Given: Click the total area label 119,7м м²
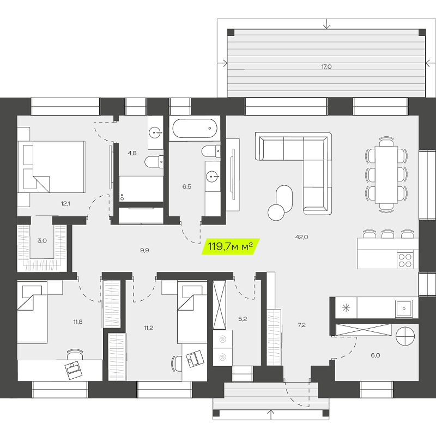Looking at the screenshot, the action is [230, 246].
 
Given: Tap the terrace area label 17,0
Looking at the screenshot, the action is [326, 66].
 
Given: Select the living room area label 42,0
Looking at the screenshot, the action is [302, 237].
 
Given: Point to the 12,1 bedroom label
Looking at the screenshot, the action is [65, 203].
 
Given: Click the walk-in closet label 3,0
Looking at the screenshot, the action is [43, 241].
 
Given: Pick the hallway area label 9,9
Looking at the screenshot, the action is [144, 251].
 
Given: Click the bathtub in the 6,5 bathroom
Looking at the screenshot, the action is [195, 128].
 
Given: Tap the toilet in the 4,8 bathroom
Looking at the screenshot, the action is [154, 161].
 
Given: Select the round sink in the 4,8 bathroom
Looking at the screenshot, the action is [155, 132].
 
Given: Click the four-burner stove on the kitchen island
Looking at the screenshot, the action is [405, 261].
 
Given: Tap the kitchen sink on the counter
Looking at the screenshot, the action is [404, 308].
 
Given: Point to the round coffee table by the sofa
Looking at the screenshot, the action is [276, 213].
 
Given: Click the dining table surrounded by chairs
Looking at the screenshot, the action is [386, 174].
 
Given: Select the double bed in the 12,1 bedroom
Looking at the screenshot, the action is [52, 167].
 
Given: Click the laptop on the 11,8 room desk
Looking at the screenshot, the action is [74, 370].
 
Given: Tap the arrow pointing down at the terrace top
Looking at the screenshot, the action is [326, 24].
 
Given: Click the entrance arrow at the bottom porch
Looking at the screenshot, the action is [271, 414].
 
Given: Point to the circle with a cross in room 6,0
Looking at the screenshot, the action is [405, 336].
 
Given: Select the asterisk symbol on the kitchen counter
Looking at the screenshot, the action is [346, 307].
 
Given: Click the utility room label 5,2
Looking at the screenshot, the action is [243, 319].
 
